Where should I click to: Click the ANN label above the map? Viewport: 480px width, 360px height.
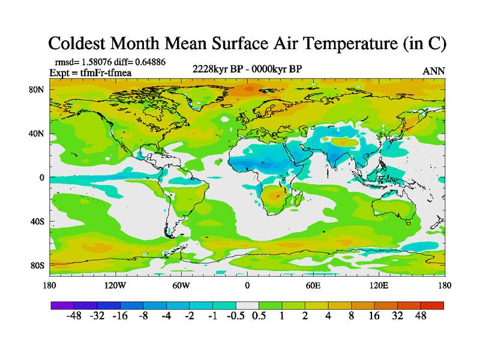tap(434, 71)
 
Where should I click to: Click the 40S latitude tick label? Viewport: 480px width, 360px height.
tap(37, 221)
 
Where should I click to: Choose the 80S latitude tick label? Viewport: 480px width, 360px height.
tap(37, 265)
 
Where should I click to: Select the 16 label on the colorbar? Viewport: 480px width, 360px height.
tap(374, 316)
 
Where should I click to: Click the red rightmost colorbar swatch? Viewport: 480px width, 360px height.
tap(432, 305)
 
